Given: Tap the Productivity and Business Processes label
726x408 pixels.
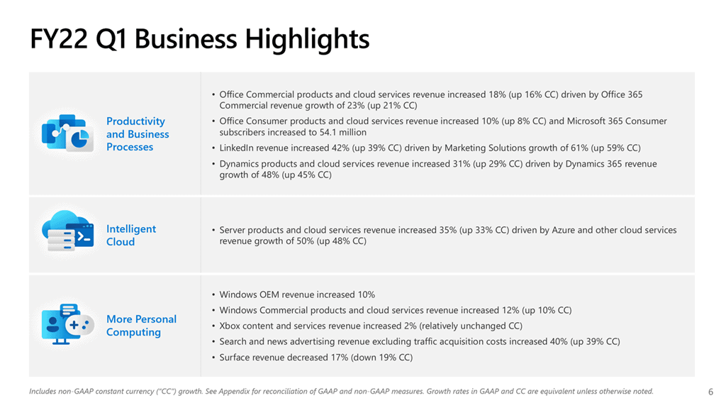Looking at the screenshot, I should pos(138,134).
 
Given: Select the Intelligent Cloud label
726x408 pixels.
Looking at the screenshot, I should pos(130,235).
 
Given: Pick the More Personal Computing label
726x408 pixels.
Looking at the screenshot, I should pos(141,326).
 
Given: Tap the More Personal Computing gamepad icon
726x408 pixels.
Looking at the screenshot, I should pos(67,324).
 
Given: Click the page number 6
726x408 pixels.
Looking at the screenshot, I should pos(710,391).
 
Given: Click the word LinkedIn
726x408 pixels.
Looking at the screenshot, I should pos(236,148).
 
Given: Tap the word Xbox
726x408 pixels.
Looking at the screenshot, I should pos(230,326).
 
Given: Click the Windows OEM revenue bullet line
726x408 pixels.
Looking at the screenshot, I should pos(297,294).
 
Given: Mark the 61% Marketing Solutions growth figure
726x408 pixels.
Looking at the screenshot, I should pos(551,148).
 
